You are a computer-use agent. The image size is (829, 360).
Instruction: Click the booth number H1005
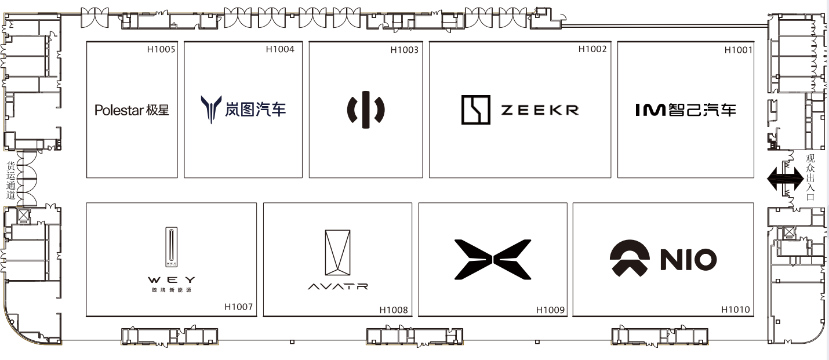161,49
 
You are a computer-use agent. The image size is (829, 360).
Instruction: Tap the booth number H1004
280,49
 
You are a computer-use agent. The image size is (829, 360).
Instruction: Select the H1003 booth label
404,50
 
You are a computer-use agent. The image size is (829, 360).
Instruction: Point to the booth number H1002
592,49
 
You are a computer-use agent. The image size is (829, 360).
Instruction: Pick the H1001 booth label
738,50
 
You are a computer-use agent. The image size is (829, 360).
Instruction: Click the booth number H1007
239,307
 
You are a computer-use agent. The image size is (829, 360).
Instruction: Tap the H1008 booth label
394,310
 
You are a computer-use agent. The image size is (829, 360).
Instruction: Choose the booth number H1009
550,310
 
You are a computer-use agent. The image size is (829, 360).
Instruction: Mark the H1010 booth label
736,310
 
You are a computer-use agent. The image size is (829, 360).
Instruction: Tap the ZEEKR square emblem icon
476,110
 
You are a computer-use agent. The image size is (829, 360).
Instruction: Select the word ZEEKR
540,110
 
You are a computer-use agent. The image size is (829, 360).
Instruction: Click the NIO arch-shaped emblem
630,259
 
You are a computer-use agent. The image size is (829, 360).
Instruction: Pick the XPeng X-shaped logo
492,259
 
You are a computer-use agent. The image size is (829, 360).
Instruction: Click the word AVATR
337,286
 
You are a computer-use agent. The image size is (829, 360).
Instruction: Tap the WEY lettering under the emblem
171,279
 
